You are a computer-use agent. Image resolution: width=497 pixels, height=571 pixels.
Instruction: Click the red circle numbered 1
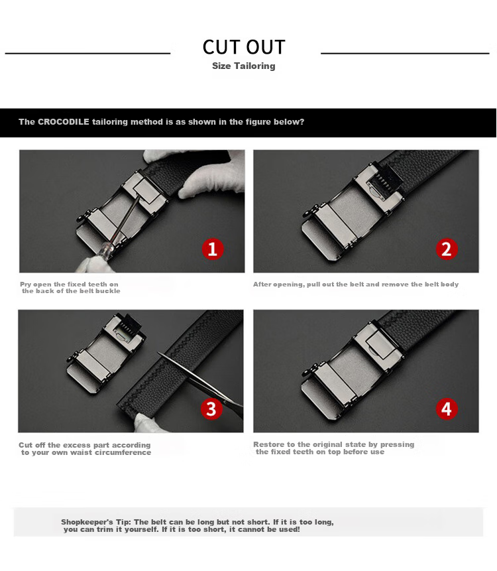point(213,249)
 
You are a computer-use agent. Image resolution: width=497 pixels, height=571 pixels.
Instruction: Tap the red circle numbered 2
point(447,249)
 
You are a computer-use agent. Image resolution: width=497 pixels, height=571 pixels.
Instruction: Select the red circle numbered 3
point(211,409)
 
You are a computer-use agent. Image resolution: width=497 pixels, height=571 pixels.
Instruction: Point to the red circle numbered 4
point(447,409)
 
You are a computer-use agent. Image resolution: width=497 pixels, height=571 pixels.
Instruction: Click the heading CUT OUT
point(244,47)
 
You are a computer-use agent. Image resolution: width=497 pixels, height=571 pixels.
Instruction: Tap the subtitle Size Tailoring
point(244,66)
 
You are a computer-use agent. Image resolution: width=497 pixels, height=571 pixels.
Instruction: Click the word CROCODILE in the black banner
point(64,121)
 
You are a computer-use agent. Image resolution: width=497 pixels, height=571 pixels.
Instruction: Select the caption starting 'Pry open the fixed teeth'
point(70,287)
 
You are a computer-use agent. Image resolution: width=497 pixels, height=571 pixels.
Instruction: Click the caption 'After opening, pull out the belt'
point(356,284)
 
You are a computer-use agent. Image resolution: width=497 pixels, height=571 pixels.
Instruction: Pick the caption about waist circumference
point(85,448)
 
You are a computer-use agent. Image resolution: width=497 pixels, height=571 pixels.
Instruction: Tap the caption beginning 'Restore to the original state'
point(333,448)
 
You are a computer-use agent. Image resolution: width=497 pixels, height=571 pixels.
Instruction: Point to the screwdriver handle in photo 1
point(105,251)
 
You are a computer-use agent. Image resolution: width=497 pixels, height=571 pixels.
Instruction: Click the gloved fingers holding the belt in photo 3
point(146,422)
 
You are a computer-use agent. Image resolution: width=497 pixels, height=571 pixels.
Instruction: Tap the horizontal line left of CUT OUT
point(87,54)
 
